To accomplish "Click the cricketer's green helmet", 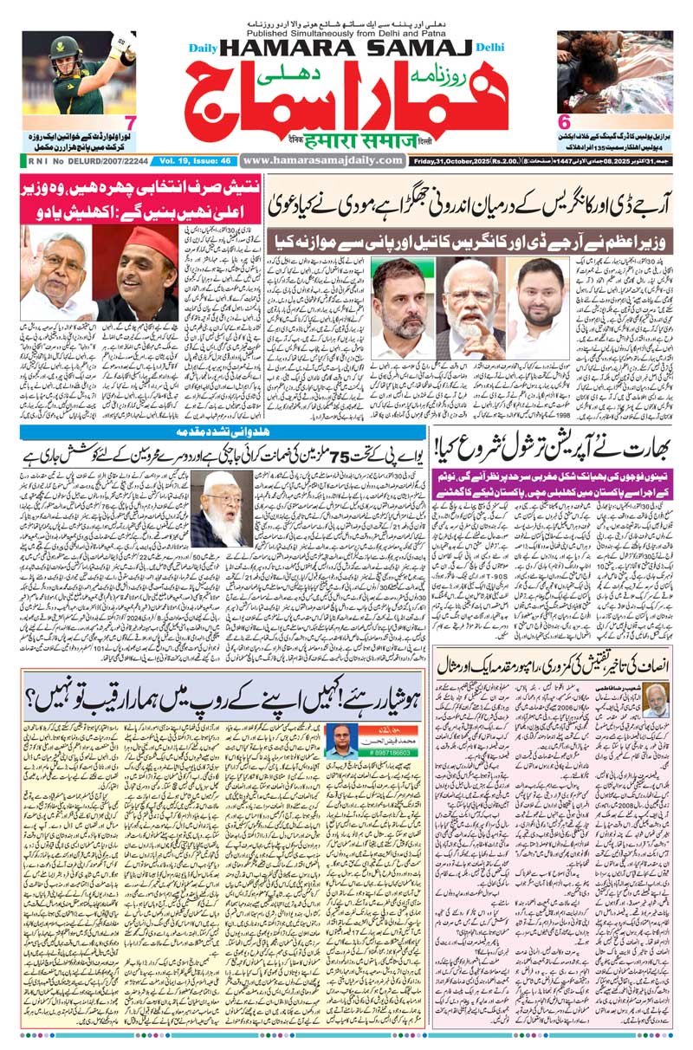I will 65,48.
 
